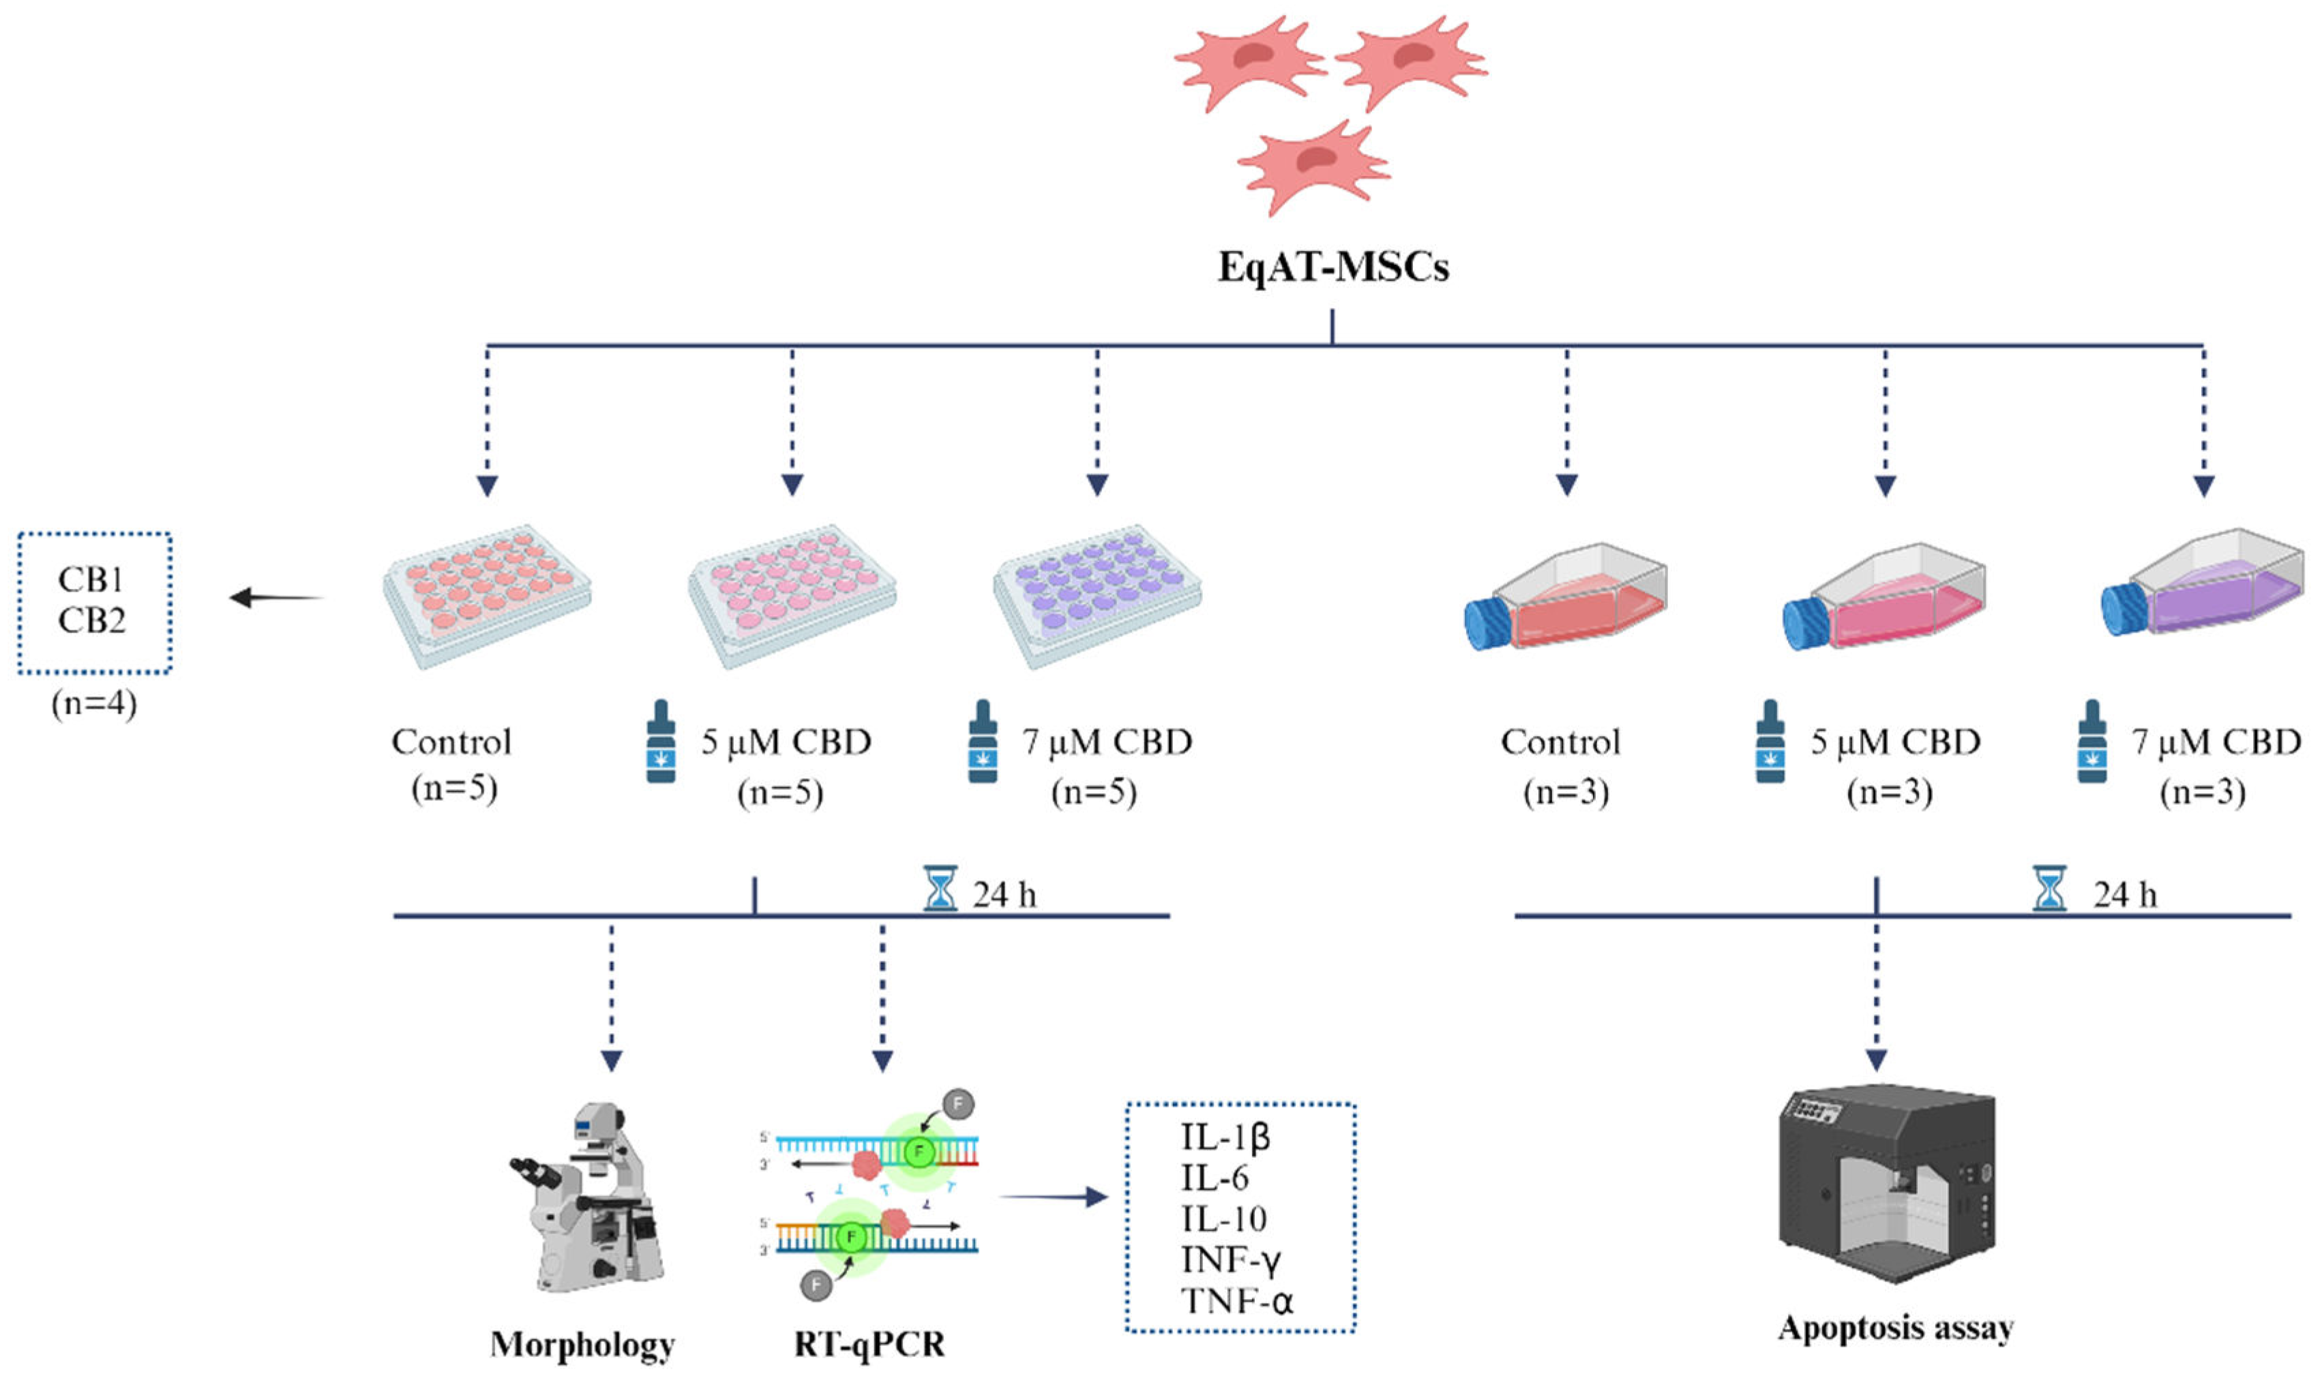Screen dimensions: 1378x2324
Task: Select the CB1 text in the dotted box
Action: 90,579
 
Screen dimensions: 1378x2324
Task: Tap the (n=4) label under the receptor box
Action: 94,704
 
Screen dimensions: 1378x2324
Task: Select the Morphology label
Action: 582,1344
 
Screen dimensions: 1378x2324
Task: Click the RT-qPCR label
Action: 869,1344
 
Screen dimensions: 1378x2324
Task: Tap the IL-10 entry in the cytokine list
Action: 1223,1219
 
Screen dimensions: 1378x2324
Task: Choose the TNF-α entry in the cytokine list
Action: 1236,1301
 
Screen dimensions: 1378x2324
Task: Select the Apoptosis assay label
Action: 1895,1328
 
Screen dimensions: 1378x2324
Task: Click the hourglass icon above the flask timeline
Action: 2049,889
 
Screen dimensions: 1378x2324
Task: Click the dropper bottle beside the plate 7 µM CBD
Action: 983,742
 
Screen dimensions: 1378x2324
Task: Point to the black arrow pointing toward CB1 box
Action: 276,597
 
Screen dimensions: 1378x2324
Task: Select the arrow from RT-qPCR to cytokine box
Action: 1054,1196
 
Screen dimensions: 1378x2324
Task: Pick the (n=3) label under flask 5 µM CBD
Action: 1890,792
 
